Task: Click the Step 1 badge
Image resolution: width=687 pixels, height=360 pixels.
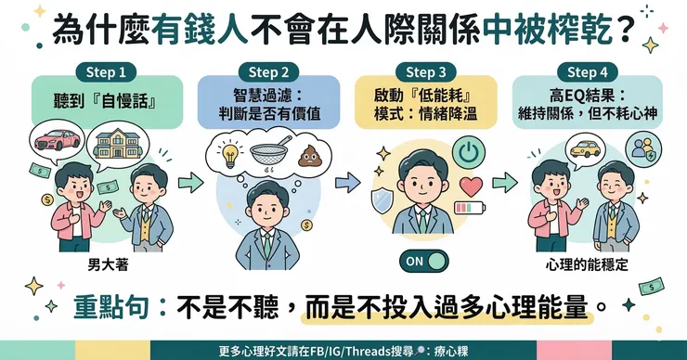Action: (x=106, y=72)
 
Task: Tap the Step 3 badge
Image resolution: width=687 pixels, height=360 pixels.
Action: (x=425, y=72)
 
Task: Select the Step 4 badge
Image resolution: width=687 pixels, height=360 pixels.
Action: (x=587, y=72)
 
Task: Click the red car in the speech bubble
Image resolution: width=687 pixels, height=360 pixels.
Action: (x=58, y=140)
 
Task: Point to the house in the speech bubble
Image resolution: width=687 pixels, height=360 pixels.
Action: (x=118, y=146)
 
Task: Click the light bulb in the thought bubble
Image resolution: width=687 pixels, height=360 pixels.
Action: (x=230, y=155)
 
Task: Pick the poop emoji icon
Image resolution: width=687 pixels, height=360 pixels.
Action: (x=310, y=156)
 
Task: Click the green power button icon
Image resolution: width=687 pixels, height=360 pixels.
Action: (x=469, y=152)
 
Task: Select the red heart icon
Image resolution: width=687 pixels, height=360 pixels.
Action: (x=471, y=186)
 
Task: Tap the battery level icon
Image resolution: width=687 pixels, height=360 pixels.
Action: (x=470, y=207)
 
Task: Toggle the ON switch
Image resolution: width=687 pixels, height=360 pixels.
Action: (x=424, y=262)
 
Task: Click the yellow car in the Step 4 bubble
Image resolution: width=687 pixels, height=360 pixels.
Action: (x=586, y=148)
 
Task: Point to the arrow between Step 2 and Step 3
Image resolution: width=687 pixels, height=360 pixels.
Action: (x=348, y=182)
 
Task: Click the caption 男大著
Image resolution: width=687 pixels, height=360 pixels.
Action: (x=109, y=265)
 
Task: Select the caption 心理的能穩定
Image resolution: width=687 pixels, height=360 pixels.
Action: (x=587, y=264)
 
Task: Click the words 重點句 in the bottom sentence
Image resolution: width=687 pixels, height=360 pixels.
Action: (x=110, y=307)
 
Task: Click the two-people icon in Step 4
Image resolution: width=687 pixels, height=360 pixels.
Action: (x=642, y=148)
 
